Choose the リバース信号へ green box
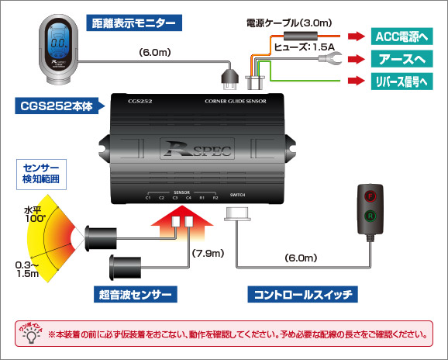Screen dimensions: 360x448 pos(399,81)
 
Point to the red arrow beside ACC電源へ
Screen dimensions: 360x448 pos(355,36)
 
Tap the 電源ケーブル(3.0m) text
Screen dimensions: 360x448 pos(280,23)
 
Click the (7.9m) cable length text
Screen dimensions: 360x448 pos(208,254)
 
